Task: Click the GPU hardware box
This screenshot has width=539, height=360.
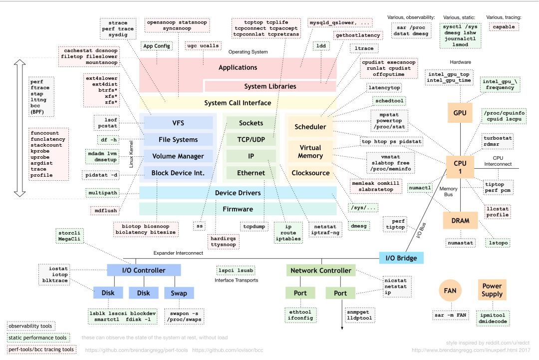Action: click(460, 113)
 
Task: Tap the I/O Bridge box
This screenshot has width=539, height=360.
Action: click(401, 258)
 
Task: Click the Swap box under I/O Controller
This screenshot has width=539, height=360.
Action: click(179, 293)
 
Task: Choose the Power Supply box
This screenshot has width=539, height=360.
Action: click(492, 290)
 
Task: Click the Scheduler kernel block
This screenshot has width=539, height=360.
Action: click(310, 127)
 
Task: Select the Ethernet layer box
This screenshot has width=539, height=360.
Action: click(251, 173)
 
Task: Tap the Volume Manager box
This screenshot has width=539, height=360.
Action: click(178, 156)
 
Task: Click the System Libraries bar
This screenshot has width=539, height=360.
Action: click(270, 86)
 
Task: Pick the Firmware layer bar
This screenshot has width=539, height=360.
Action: click(238, 209)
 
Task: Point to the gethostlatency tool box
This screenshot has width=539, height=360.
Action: click(358, 35)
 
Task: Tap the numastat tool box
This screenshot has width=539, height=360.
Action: click(460, 243)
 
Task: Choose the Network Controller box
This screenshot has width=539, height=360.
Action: click(321, 271)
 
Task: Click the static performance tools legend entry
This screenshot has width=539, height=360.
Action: click(38, 338)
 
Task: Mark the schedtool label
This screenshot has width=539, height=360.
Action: click(388, 100)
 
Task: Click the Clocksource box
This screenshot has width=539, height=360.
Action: click(310, 173)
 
